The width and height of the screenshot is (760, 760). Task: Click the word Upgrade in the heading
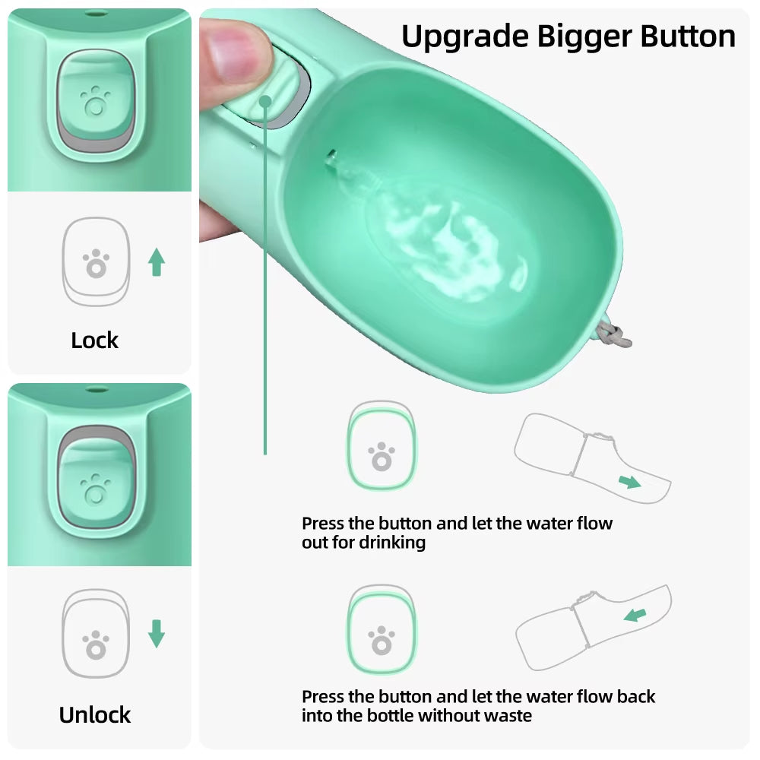pyautogui.click(x=464, y=37)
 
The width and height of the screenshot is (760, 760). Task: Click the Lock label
pyautogui.click(x=94, y=340)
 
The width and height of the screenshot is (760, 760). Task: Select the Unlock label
pyautogui.click(x=95, y=715)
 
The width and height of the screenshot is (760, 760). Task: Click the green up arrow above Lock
pyautogui.click(x=157, y=261)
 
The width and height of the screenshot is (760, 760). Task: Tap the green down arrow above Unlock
pyautogui.click(x=157, y=634)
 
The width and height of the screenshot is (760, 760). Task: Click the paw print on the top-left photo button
pyautogui.click(x=95, y=101)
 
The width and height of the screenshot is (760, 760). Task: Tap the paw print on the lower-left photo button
pyautogui.click(x=95, y=489)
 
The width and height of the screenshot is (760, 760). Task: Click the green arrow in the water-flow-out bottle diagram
pyautogui.click(x=629, y=481)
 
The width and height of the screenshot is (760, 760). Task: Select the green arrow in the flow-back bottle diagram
pyautogui.click(x=635, y=615)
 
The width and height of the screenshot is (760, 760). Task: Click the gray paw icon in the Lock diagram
pyautogui.click(x=96, y=264)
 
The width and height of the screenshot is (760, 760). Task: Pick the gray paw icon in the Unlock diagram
pyautogui.click(x=96, y=645)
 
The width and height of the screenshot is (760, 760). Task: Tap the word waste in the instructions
pyautogui.click(x=508, y=715)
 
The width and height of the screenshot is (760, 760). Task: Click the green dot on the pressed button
pyautogui.click(x=265, y=101)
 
